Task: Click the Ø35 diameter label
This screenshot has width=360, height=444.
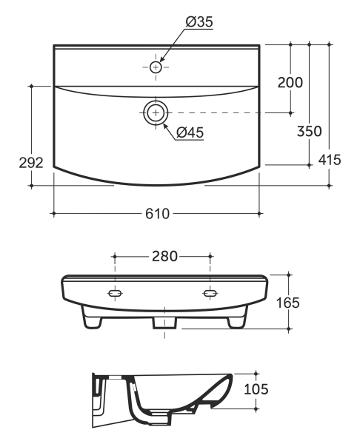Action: click(x=199, y=21)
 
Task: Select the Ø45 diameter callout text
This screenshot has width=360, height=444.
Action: click(x=190, y=132)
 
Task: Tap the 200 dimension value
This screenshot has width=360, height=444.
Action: click(x=290, y=82)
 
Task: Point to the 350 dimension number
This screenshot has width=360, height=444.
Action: click(x=310, y=131)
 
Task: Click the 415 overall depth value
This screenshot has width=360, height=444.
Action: click(x=330, y=160)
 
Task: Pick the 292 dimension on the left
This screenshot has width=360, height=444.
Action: click(x=31, y=163)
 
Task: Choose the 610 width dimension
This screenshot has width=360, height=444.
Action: click(x=157, y=214)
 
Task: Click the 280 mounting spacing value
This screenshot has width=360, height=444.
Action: click(x=164, y=256)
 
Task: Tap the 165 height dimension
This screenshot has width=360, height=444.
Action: click(x=287, y=303)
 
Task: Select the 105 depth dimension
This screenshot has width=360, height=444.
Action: click(x=256, y=389)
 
